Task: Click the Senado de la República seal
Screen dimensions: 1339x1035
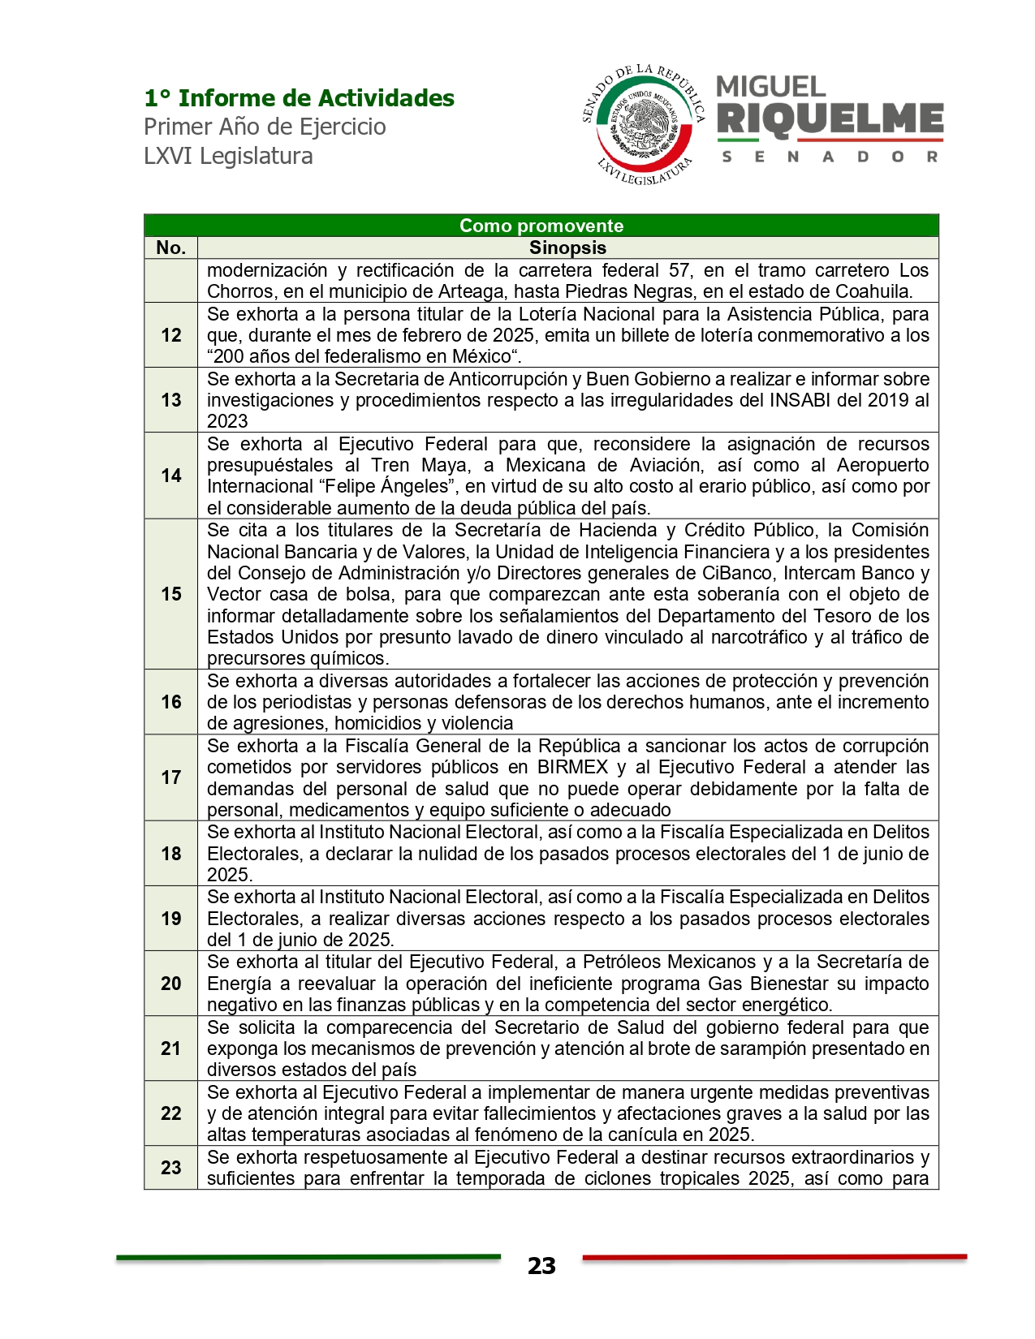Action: [x=644, y=124]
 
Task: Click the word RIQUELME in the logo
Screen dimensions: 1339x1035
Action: [x=830, y=119]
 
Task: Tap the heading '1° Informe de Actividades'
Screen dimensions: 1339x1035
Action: [x=299, y=98]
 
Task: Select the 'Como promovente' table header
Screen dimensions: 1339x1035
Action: [x=541, y=226]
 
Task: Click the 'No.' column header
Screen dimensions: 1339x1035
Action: [x=170, y=248]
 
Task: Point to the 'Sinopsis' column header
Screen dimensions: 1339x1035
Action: [x=567, y=248]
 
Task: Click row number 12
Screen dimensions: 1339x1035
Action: [x=170, y=335]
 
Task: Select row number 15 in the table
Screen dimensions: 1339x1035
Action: [x=170, y=594]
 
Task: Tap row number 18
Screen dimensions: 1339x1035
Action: [x=170, y=854]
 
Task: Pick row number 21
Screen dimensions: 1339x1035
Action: [x=170, y=1048]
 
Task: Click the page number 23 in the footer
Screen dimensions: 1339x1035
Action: [x=541, y=1266]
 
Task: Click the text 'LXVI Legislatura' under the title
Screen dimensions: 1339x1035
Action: [x=228, y=156]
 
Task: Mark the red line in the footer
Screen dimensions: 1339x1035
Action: [x=774, y=1258]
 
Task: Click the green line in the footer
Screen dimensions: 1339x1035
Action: [x=308, y=1258]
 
